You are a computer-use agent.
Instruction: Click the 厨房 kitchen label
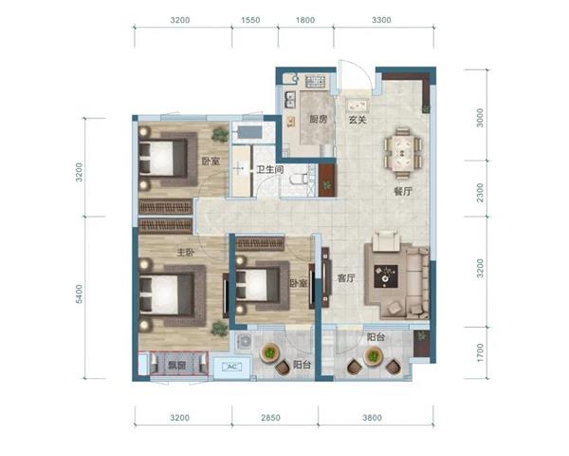(319, 119)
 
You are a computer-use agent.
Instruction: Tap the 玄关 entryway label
(358, 119)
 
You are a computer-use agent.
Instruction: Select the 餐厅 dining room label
(403, 191)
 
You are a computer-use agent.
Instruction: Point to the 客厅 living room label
(346, 278)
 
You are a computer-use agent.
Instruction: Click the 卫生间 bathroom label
(270, 169)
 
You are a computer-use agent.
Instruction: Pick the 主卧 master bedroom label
(186, 252)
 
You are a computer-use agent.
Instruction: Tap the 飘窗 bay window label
(177, 365)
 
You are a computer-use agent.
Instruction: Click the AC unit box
(232, 367)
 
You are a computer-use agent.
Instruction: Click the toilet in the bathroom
(299, 180)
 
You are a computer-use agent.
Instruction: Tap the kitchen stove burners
(316, 82)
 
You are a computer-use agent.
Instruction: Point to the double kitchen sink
(290, 100)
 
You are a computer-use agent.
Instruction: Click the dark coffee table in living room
(386, 276)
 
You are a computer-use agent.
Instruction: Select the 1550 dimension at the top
(250, 20)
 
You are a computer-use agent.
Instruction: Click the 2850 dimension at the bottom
(270, 417)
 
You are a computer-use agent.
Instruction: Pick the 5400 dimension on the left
(79, 294)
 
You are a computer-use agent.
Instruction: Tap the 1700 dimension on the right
(480, 352)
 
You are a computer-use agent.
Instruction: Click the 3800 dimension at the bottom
(372, 417)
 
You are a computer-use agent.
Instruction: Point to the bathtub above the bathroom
(248, 132)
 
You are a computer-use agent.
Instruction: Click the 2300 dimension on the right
(480, 193)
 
